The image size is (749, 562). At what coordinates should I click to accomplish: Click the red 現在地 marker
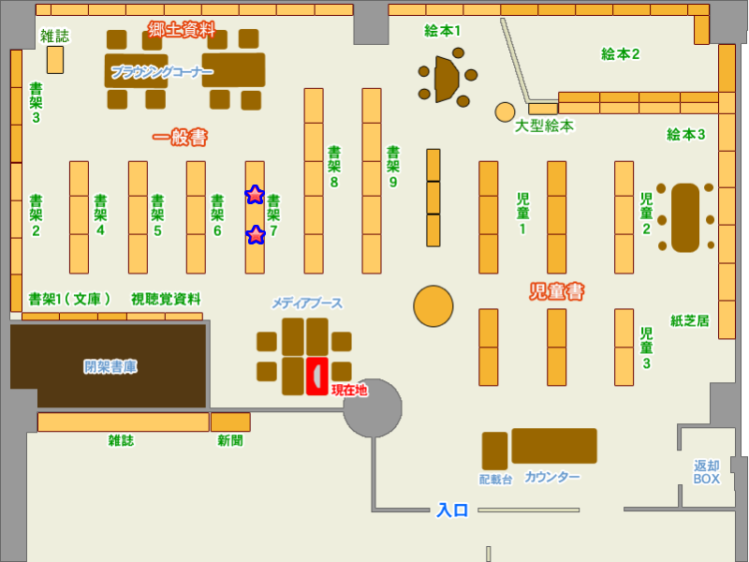[317, 375]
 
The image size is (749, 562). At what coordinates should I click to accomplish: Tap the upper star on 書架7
[255, 195]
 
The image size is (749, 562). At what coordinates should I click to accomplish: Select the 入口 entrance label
[452, 510]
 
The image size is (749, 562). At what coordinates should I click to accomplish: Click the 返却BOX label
[707, 472]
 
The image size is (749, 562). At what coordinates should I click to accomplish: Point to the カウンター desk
[553, 446]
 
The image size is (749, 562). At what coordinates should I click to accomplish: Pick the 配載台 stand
[494, 451]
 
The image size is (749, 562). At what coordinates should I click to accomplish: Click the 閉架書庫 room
[109, 366]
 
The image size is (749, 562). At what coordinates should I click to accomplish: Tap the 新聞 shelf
[230, 422]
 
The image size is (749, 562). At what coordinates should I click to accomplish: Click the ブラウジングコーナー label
[162, 71]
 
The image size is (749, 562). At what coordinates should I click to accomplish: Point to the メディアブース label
[307, 303]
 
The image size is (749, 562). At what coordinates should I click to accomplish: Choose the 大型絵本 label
[544, 126]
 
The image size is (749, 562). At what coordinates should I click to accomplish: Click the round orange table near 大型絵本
[506, 112]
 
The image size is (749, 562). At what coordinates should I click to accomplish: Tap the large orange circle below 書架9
[433, 305]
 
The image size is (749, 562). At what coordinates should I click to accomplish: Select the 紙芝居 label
[690, 320]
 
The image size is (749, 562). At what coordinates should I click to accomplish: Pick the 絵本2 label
[620, 54]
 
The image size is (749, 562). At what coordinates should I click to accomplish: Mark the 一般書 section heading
[180, 138]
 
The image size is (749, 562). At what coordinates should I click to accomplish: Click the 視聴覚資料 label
[166, 299]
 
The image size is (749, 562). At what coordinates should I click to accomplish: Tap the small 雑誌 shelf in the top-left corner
[55, 59]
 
